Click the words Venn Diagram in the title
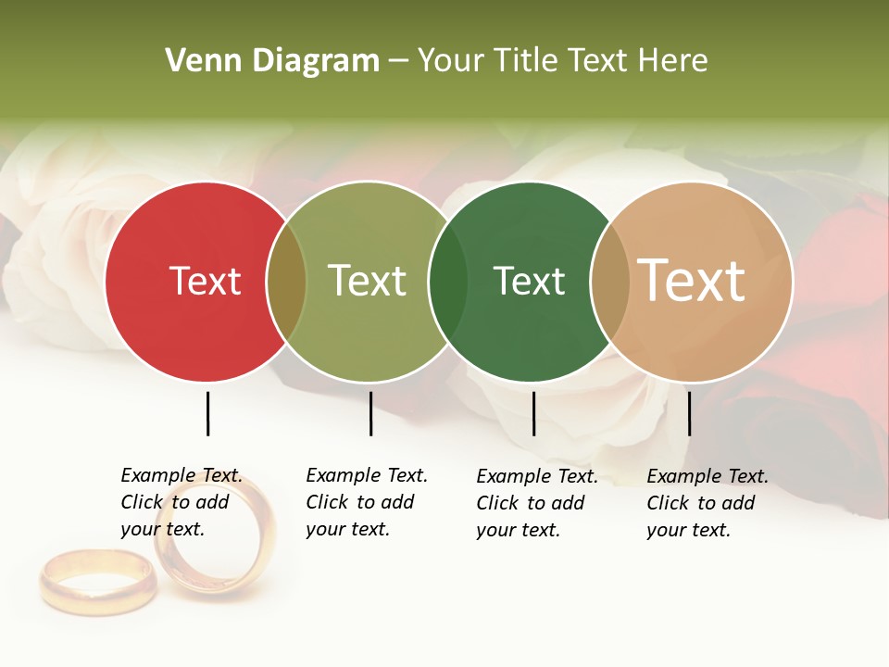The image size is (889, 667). (x=272, y=61)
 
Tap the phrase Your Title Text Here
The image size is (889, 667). (x=562, y=61)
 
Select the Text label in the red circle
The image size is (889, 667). (x=205, y=281)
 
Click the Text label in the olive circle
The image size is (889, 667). (x=367, y=281)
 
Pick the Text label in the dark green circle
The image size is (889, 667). (x=529, y=281)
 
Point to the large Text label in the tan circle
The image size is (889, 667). (x=691, y=280)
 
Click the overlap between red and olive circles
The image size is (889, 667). (x=286, y=282)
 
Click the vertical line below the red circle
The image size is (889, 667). (x=207, y=413)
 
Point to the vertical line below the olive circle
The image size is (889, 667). (x=370, y=413)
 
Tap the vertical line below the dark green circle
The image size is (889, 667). (x=533, y=413)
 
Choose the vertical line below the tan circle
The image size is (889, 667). (x=689, y=413)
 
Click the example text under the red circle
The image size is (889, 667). (x=182, y=502)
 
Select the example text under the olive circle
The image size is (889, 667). (x=367, y=502)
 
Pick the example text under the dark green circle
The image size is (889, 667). (x=537, y=503)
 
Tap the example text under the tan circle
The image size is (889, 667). (x=707, y=503)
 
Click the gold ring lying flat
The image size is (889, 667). (x=97, y=581)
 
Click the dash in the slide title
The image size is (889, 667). (x=398, y=61)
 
